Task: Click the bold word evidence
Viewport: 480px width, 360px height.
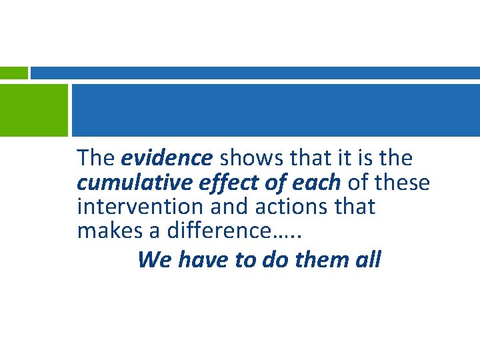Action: (167, 159)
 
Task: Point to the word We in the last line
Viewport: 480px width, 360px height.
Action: (154, 259)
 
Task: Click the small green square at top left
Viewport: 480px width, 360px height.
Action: (13, 73)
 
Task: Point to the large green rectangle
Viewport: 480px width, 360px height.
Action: (34, 109)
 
